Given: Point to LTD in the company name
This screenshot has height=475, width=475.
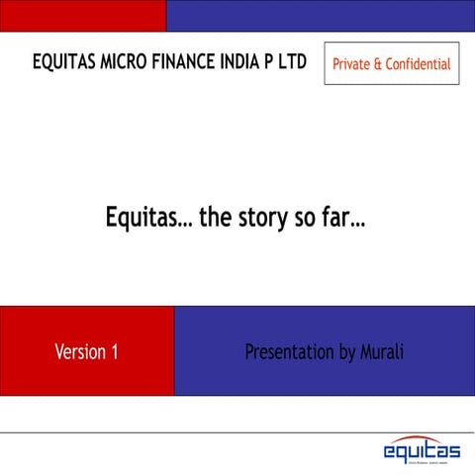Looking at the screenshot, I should coord(291,62).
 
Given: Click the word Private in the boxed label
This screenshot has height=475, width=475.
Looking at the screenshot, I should coord(351,64).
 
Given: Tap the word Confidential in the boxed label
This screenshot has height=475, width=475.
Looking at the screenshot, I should coord(418,64).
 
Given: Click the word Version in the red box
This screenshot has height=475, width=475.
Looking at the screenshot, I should coord(81,351).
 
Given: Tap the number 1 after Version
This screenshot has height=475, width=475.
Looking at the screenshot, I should coord(115,351).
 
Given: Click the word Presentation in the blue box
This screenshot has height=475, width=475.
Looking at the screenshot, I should coord(286,351).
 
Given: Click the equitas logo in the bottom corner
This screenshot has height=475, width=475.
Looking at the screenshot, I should coord(422,452).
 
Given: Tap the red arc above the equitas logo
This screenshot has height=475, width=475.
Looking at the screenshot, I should coord(422,438).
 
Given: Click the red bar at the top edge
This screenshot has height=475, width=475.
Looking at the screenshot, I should coord(82,15).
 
